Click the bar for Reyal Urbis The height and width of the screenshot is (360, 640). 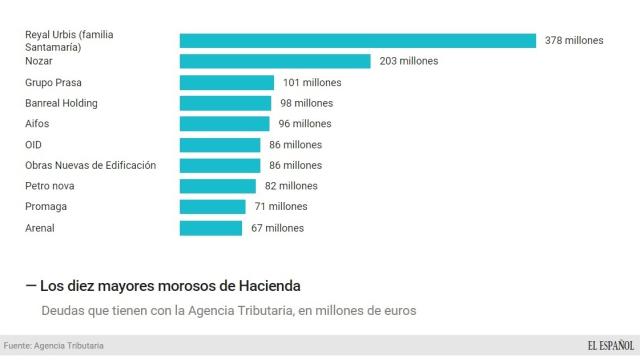(358, 40)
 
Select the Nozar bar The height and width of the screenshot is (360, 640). (275, 61)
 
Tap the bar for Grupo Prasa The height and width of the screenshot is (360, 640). (227, 82)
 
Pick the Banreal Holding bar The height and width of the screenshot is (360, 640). (225, 103)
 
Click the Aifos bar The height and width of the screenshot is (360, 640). (224, 124)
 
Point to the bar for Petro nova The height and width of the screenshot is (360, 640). (218, 186)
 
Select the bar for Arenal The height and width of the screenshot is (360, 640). (211, 228)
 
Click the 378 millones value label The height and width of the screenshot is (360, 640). (574, 40)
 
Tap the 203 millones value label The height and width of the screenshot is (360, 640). (408, 61)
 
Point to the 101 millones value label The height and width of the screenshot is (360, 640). (312, 82)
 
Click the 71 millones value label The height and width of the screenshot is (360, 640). (280, 207)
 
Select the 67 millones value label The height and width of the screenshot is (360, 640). (277, 228)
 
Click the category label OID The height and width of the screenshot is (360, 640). (34, 145)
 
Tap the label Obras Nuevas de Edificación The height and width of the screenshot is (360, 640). (90, 165)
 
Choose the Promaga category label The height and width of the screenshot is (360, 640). (46, 207)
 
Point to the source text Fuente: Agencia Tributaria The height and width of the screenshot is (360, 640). (54, 346)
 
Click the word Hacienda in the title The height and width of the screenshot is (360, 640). (265, 286)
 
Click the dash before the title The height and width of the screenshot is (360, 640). (31, 286)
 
